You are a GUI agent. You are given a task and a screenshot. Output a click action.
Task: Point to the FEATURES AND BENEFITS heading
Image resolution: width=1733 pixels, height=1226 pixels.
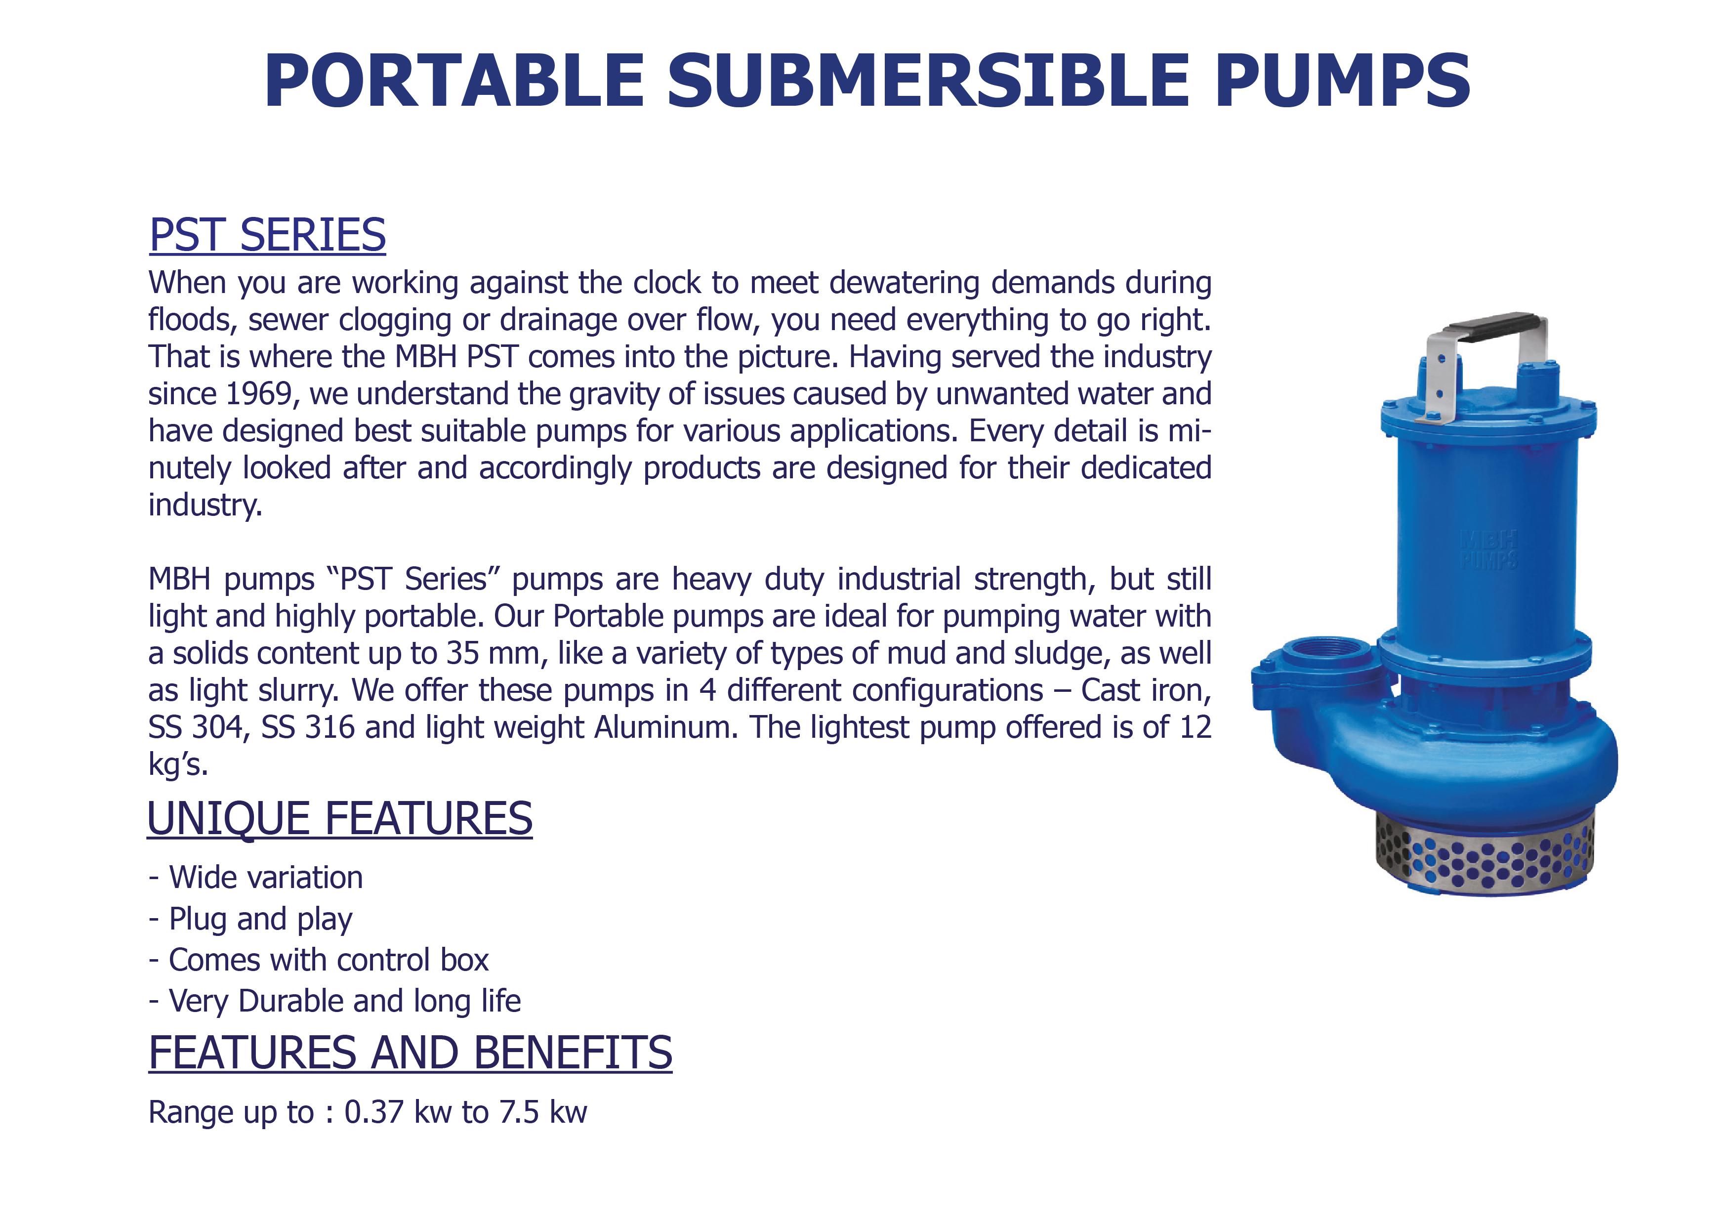410,1053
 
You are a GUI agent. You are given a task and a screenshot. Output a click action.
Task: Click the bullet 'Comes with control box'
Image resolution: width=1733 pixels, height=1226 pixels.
319,960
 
